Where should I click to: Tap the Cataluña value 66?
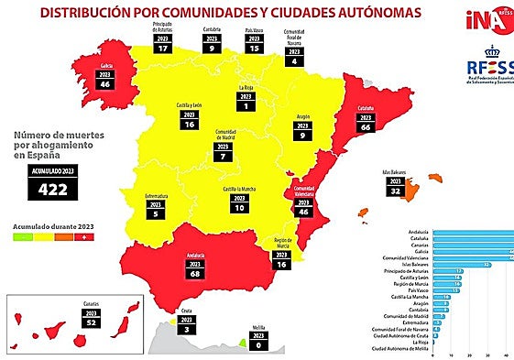(x=365, y=127)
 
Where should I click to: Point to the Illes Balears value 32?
(x=396, y=191)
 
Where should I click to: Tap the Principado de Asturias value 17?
(x=163, y=49)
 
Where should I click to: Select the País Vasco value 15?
(x=254, y=49)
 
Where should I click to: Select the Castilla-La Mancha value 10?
(x=239, y=208)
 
